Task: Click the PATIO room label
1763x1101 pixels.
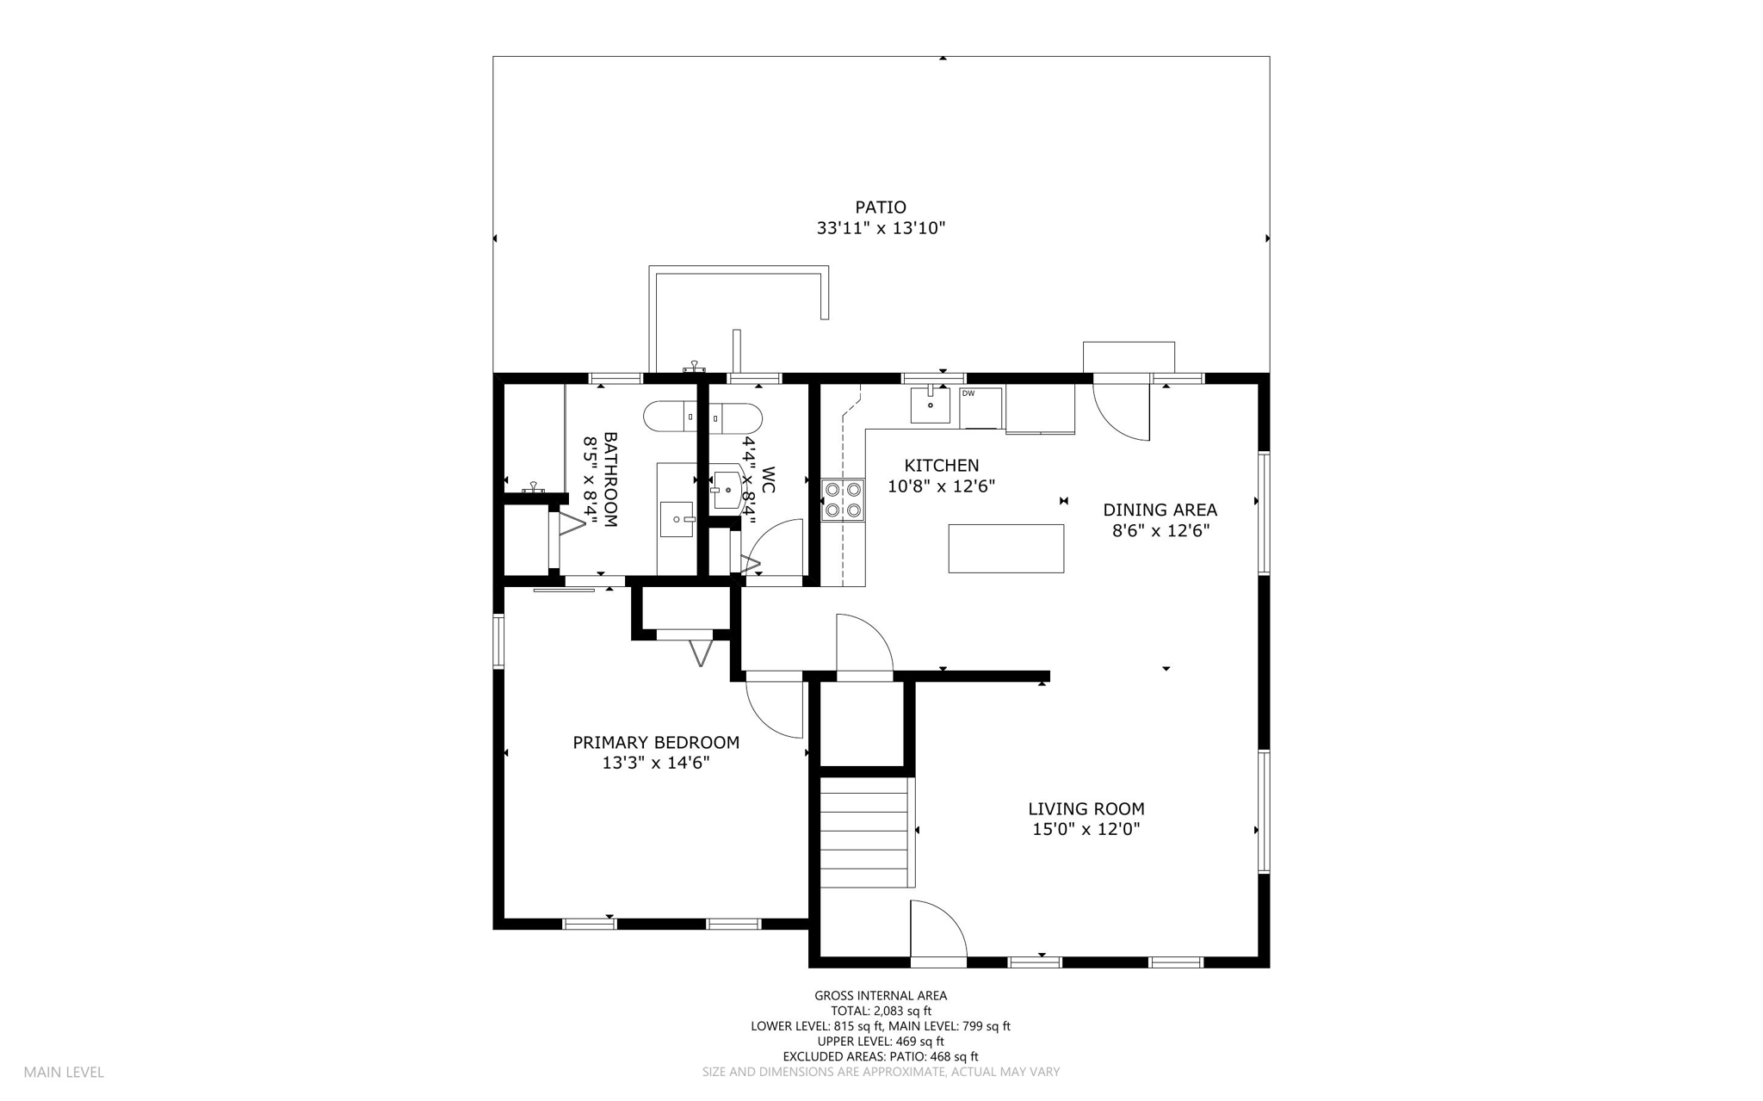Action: [880, 207]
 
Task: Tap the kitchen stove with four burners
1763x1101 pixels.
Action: [842, 500]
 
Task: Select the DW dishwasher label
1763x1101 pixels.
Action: [968, 393]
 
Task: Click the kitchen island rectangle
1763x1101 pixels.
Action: [1005, 548]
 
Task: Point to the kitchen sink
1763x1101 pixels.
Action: [931, 405]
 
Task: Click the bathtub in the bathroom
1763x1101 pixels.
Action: [702, 418]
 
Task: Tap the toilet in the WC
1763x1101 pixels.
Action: [728, 490]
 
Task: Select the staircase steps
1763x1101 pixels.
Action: [863, 832]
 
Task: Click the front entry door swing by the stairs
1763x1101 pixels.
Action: [938, 931]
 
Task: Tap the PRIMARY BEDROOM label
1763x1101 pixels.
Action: [656, 742]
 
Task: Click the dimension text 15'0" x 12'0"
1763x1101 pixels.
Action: [1086, 829]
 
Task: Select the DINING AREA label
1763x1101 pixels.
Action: [1160, 510]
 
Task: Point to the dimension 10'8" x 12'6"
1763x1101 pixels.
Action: [941, 486]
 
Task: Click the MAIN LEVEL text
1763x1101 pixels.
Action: [64, 1072]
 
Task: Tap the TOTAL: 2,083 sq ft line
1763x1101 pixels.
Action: [880, 1011]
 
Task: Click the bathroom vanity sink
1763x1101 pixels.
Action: [677, 519]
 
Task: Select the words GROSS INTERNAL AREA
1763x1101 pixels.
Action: [880, 995]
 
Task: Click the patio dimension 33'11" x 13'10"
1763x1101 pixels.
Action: [880, 229]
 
